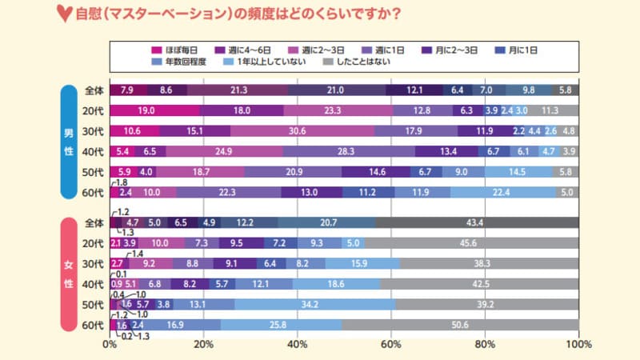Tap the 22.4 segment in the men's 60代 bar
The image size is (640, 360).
502,192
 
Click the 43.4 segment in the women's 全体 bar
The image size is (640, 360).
477,222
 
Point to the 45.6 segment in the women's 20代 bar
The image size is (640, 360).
472,243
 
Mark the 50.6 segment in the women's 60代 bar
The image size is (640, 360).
461,325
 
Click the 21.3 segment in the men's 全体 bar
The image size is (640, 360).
238,90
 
